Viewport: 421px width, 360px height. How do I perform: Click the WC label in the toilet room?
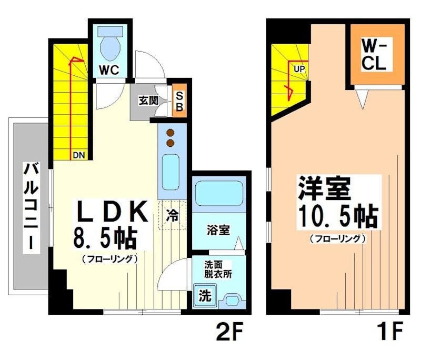[110, 69]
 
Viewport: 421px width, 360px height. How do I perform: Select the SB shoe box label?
[179, 101]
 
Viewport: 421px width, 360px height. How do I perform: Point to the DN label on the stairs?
[77, 155]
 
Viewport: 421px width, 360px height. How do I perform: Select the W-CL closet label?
[375, 55]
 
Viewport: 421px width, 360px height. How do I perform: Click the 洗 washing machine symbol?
[204, 296]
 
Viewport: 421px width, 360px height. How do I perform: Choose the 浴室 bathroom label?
[217, 230]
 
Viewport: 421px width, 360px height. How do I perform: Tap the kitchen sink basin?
[171, 172]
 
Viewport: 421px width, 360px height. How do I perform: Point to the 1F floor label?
[389, 333]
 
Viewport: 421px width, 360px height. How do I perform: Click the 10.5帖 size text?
[337, 216]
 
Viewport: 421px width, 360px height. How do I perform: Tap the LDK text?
[111, 213]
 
